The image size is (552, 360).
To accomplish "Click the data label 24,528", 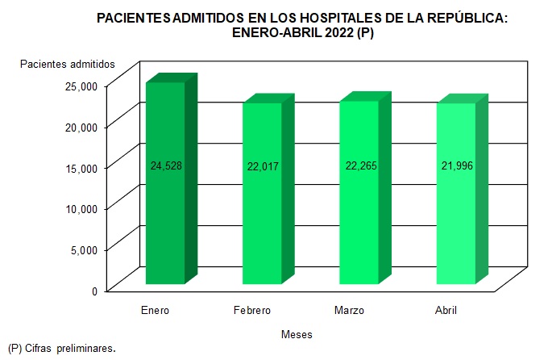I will coord(165,166).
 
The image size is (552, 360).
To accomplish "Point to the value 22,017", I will coord(262,166).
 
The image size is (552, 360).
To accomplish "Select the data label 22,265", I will coord(359,166).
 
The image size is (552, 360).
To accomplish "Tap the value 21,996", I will coord(455,166).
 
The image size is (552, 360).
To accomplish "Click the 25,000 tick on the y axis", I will coord(81,86).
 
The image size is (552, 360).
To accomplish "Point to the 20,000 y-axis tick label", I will coord(81,127).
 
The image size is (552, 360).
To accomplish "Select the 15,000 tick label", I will coord(81,168).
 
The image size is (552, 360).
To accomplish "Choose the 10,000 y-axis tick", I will coord(81,208).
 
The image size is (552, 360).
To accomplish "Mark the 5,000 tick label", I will coord(83,249).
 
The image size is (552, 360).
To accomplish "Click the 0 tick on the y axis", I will coord(94,291).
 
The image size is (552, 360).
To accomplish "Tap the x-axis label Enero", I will coord(155,311).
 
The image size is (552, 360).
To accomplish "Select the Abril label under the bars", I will coord(446,311).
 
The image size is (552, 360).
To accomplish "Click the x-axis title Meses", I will coord(297,334).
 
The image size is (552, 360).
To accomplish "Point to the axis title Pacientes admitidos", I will coord(68,64).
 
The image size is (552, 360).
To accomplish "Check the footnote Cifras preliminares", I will coord(70,350).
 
